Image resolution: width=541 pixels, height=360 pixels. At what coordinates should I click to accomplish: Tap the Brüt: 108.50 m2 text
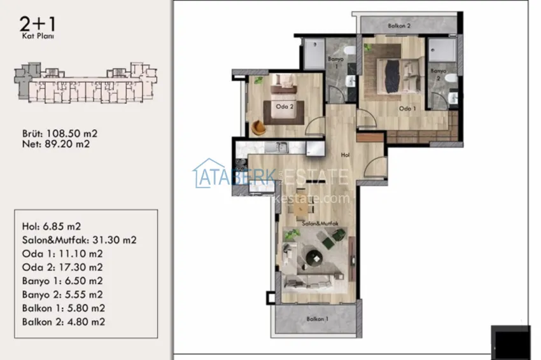coord(59,134)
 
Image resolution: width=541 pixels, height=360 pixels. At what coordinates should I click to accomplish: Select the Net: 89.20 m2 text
coord(55,144)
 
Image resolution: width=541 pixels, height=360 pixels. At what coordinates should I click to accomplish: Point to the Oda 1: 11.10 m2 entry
coord(62,254)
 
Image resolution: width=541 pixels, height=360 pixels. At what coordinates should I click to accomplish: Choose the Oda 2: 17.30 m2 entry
coord(62,267)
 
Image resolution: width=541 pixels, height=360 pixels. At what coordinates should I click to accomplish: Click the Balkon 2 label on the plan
coord(400,26)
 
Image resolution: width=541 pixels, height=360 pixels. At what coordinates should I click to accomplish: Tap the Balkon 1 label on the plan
coord(317,319)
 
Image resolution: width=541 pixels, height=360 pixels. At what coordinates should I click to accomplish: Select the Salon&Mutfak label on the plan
coord(319,223)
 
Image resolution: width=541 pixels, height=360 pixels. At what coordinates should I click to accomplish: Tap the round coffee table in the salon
coord(313,256)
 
